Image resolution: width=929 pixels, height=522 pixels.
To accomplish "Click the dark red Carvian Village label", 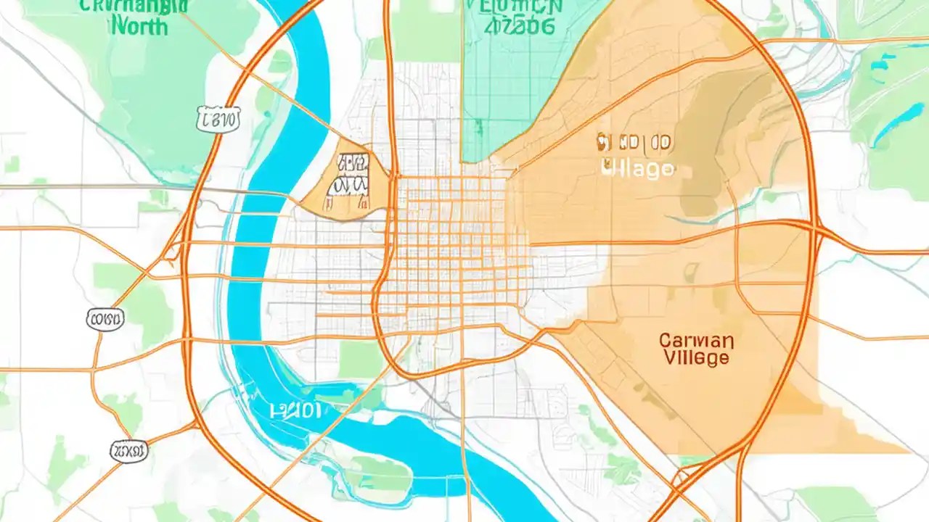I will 696,349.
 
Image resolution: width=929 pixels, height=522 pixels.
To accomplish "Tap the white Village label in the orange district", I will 638,169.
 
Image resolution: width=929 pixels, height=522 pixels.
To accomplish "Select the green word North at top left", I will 140,27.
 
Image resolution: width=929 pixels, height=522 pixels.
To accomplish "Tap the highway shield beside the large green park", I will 218,119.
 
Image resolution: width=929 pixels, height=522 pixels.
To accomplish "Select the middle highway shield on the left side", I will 105,318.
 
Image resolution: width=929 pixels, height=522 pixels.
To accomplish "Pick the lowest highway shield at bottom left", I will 128,452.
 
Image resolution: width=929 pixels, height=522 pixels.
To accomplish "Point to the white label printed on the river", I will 295,411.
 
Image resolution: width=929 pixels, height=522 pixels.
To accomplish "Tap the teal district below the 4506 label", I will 501,94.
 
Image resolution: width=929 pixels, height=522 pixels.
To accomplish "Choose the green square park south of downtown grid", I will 360,359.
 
